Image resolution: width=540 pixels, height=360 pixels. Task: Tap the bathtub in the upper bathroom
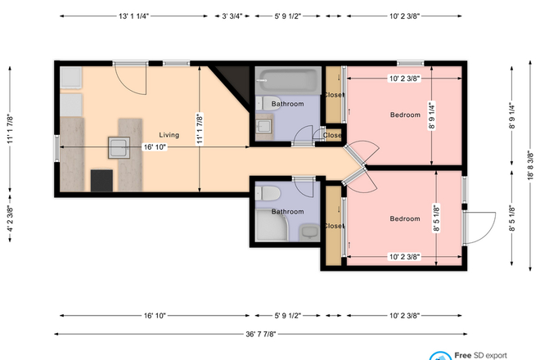[x=286, y=82]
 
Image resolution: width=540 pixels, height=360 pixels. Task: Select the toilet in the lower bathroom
[x=267, y=194]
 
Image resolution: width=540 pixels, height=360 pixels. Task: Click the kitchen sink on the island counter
[x=119, y=147]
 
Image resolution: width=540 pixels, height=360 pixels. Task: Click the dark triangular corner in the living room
[x=236, y=79]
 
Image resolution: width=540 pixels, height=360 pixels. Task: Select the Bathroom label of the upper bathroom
[x=288, y=104]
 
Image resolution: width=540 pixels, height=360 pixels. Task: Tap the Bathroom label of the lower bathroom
[x=288, y=212]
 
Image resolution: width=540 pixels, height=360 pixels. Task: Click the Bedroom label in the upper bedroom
[x=405, y=115]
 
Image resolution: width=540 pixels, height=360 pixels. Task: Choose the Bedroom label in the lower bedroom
[x=405, y=218]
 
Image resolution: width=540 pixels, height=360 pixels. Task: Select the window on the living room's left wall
[x=56, y=149]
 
